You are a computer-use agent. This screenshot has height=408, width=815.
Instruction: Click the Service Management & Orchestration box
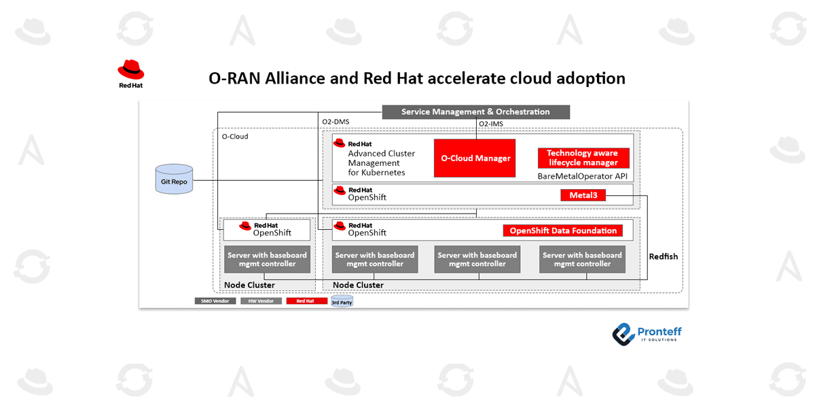pos(475,112)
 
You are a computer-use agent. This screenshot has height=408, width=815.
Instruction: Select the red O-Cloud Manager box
pos(475,158)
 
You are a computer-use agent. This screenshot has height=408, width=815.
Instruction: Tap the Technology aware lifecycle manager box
pos(583,158)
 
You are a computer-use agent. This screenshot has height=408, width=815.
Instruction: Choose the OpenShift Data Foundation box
pos(563,231)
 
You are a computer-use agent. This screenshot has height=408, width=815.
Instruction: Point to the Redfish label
pos(663,256)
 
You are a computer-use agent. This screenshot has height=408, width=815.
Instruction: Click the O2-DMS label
pos(335,123)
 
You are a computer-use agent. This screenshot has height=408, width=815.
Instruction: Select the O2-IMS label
pos(491,124)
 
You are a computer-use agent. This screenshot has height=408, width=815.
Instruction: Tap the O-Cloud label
pos(235,137)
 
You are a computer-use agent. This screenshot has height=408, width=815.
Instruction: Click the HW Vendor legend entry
pos(261,301)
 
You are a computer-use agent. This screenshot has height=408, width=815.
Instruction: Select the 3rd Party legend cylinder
pos(342,301)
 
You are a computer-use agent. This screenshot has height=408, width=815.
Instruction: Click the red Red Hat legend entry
pos(306,301)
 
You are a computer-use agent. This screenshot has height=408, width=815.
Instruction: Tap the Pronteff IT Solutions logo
pos(647,333)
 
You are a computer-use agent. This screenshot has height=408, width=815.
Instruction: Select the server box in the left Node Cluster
pos(267,260)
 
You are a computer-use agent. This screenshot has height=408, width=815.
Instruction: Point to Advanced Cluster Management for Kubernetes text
pos(381,163)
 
